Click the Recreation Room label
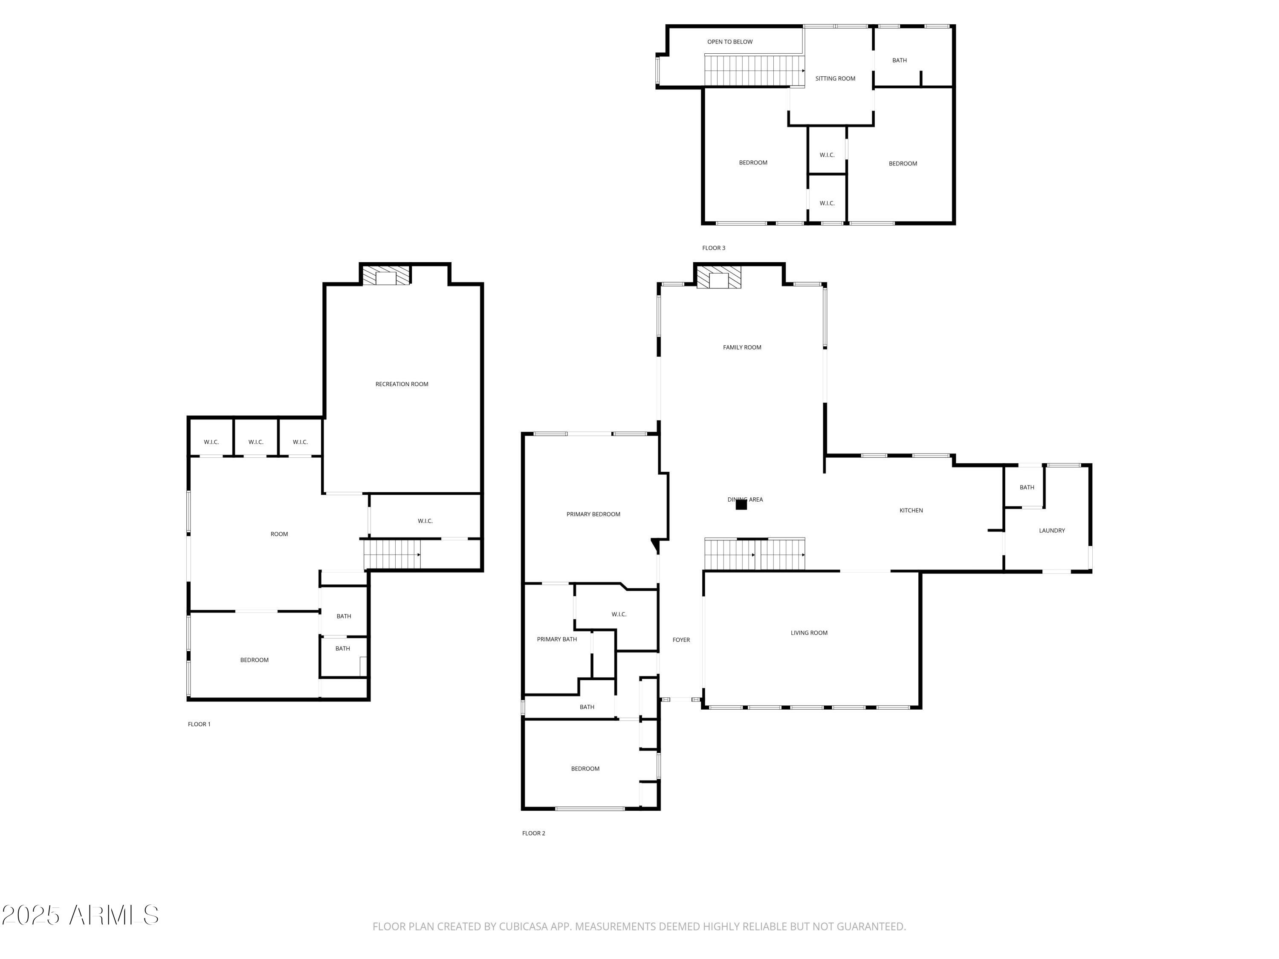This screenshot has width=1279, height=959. (x=402, y=384)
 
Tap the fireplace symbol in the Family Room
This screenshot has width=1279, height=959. (x=718, y=277)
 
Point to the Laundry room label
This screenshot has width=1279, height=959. (x=1052, y=530)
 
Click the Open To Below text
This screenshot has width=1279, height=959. (x=730, y=42)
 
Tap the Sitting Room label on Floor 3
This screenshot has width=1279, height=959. (x=835, y=78)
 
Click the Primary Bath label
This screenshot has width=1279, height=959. (x=557, y=639)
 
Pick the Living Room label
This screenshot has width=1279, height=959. (x=809, y=633)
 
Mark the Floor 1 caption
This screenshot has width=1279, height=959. (x=199, y=724)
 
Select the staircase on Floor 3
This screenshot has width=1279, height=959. (x=753, y=70)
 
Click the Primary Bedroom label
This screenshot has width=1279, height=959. (x=593, y=514)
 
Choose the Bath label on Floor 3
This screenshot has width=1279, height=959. (x=899, y=60)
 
